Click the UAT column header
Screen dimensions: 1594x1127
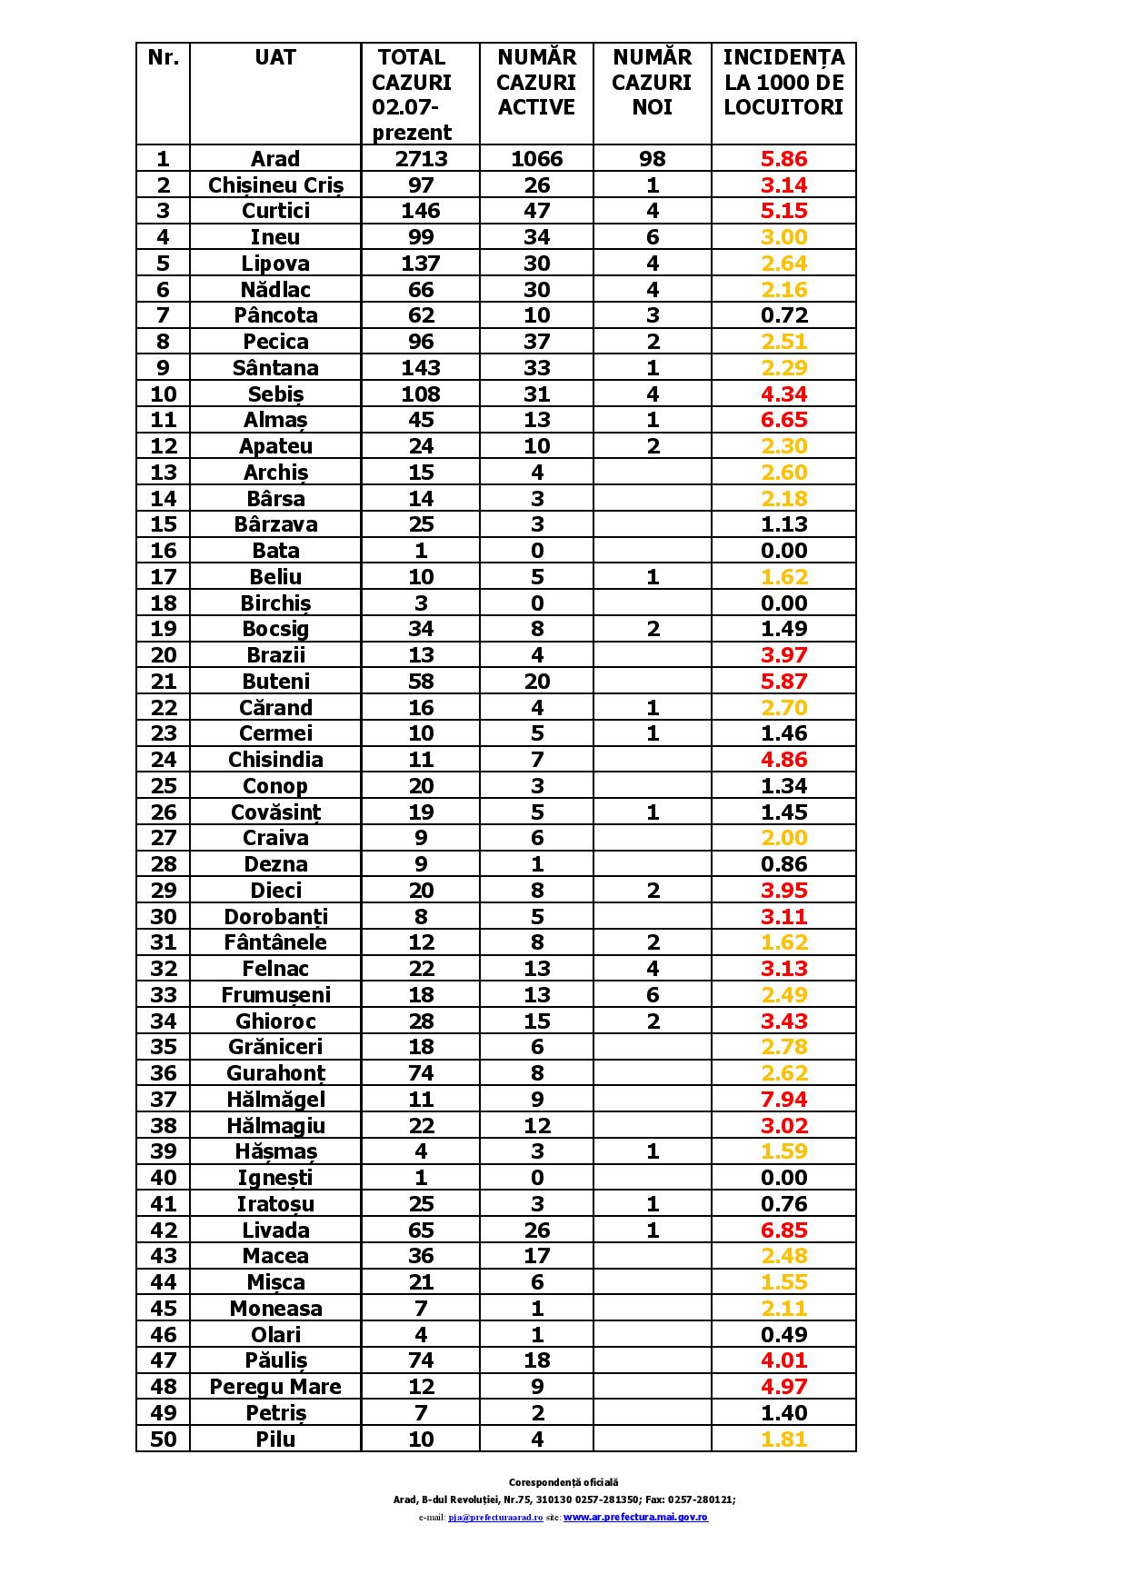pos(274,57)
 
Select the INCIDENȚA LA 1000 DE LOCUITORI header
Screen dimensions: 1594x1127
pos(783,82)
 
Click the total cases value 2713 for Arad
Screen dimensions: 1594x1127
pos(421,159)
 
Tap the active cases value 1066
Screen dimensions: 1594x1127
pos(536,159)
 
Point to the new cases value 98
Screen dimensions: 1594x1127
pos(652,159)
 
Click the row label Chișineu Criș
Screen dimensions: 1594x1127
pos(275,185)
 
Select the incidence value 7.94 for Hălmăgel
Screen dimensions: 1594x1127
pos(783,1100)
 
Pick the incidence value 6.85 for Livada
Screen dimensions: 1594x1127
pos(783,1230)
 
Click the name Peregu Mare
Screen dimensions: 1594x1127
pos(275,1387)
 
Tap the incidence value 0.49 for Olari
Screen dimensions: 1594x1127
pos(783,1335)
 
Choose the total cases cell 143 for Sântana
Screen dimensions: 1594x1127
pos(421,368)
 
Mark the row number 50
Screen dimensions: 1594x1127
pos(163,1440)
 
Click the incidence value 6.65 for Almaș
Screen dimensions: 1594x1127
pos(783,420)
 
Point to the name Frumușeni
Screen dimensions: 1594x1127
pos(275,995)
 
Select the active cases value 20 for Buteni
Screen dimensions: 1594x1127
pos(536,682)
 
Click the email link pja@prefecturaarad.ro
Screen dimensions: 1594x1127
pos(495,1518)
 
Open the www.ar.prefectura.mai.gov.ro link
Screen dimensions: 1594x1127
pos(635,1517)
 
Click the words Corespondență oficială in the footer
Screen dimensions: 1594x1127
pos(563,1482)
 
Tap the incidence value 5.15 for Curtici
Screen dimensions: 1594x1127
pos(783,211)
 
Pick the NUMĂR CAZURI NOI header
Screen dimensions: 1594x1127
pos(652,82)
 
